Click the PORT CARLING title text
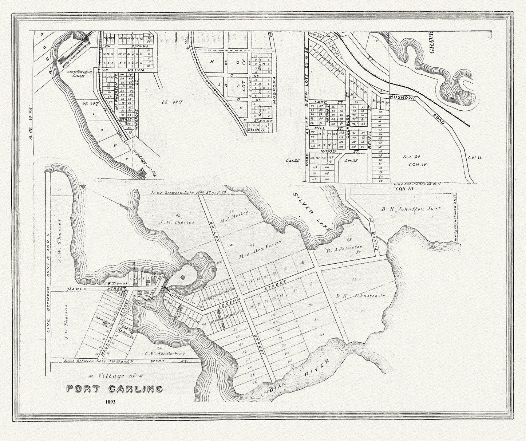coord(114,389)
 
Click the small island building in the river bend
coord(183,277)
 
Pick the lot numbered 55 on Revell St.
coord(380,180)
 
